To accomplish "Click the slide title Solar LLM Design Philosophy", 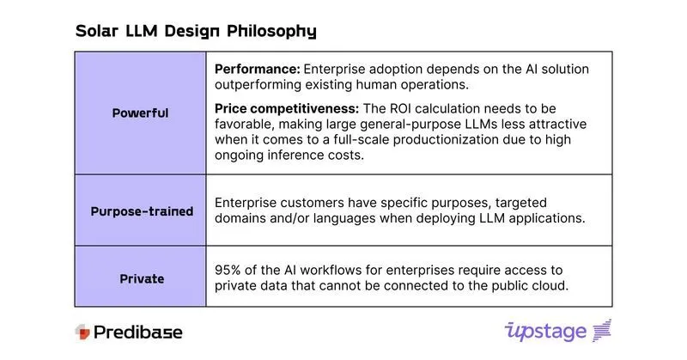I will click(x=196, y=31).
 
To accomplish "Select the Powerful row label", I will click(x=140, y=113).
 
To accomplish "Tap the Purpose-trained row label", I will click(x=140, y=211).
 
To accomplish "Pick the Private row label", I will click(x=140, y=278).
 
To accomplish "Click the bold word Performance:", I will click(x=255, y=68).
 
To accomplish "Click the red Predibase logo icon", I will click(x=82, y=332).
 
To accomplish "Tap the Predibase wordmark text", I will click(x=137, y=332).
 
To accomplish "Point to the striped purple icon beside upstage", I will click(x=602, y=331).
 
